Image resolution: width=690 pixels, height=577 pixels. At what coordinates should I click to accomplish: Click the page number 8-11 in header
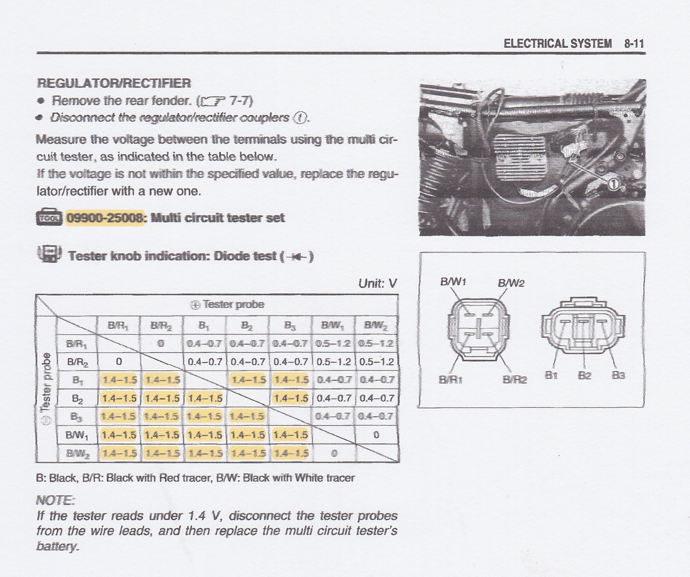634,43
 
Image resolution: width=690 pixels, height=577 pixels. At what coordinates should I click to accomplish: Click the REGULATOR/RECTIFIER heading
114,83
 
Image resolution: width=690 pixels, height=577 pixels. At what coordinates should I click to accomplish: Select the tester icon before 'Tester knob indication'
50,254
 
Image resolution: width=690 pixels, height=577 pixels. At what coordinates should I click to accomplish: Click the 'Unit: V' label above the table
377,283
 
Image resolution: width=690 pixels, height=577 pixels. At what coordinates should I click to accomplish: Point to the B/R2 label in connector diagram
514,380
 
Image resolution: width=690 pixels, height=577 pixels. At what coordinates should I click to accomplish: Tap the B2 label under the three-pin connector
584,375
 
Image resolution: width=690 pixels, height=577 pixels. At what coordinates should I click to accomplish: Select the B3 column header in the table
290,326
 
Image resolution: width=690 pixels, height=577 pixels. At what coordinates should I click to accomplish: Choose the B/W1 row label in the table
77,435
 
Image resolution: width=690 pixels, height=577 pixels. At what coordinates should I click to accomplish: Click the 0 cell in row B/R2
119,362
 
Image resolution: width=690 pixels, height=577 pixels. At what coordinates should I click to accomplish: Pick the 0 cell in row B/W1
377,435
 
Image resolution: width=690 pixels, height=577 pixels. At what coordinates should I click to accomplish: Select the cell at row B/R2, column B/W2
377,362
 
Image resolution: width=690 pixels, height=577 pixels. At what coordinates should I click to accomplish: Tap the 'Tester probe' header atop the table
227,304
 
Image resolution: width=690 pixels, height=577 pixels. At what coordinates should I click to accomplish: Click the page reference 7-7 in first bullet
241,101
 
